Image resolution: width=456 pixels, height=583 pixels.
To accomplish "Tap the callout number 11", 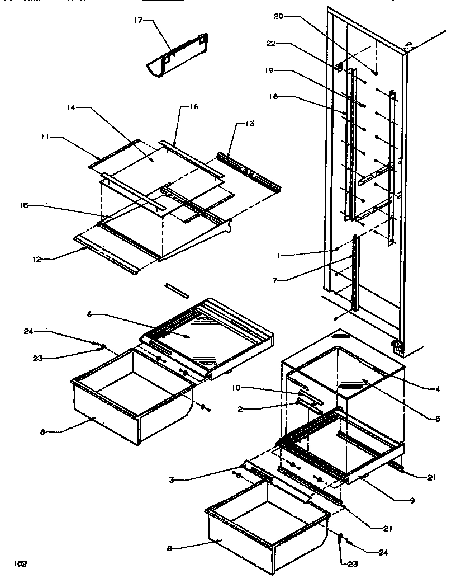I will pos(42,136).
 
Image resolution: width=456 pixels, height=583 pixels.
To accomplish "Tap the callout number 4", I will pos(438,389).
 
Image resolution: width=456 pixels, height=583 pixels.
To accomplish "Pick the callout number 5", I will pos(438,417).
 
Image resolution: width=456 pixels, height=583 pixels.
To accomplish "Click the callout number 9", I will pos(412,500).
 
